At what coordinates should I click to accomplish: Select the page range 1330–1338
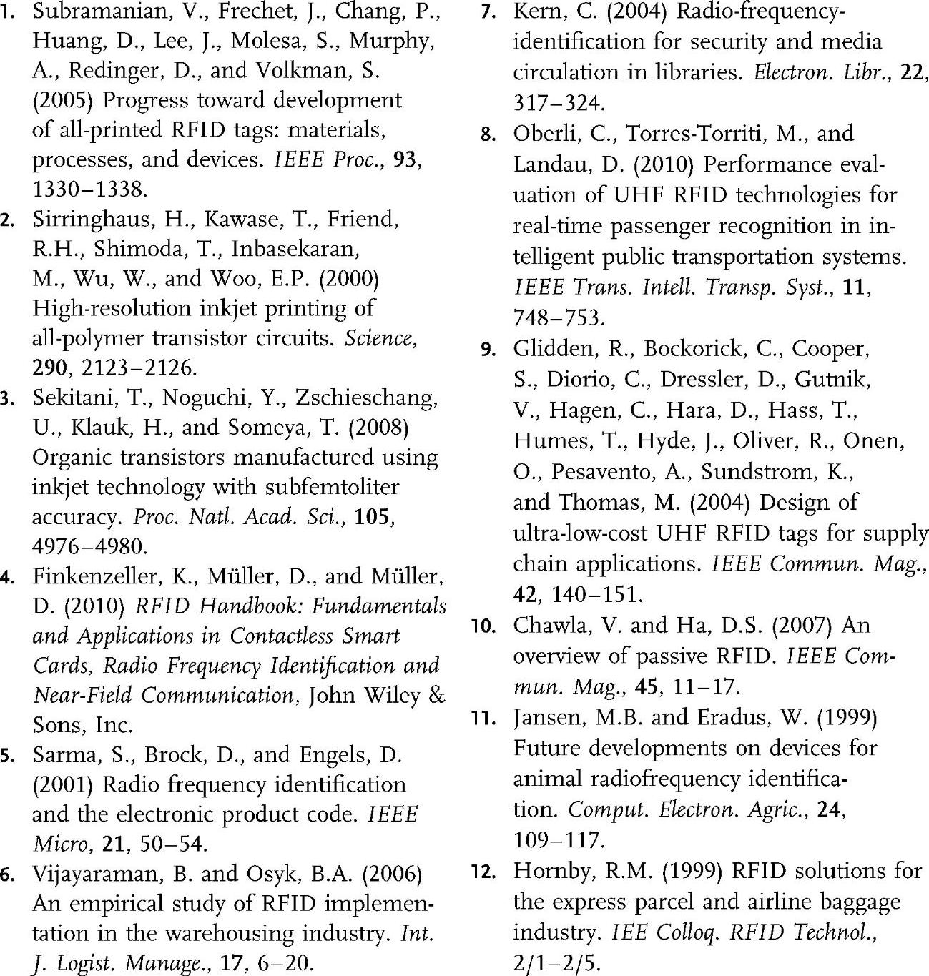(x=90, y=189)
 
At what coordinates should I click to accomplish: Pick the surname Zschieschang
(x=367, y=398)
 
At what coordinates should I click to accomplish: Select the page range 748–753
(x=559, y=317)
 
